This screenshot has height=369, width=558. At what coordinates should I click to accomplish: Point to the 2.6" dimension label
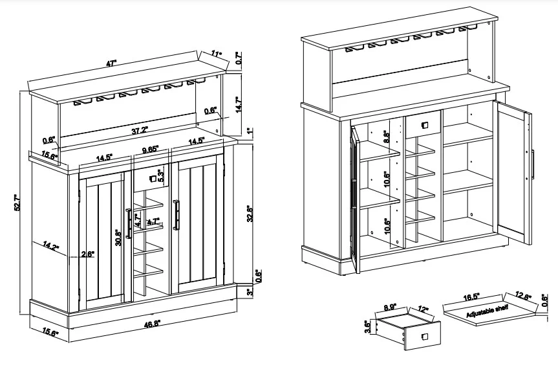click(x=88, y=254)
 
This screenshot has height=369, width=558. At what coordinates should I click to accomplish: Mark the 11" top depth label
click(x=216, y=54)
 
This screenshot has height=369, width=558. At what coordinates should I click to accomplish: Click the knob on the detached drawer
click(x=425, y=336)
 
